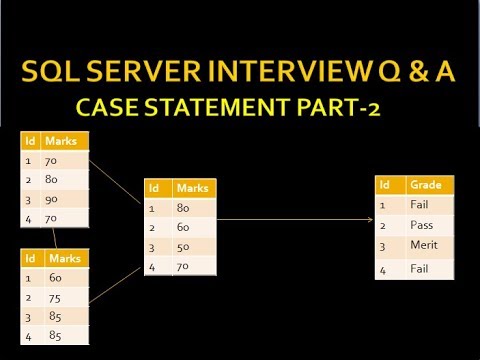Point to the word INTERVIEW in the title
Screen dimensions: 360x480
click(x=276, y=75)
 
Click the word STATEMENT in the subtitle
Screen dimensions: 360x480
click(x=206, y=107)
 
